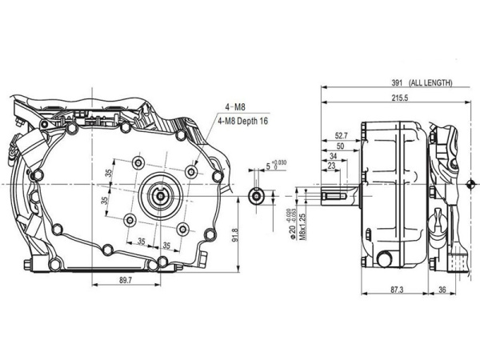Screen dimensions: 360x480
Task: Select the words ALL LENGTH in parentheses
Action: click(x=430, y=82)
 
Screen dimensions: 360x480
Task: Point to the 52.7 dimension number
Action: click(x=342, y=135)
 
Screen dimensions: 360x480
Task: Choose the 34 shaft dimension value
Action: click(x=333, y=157)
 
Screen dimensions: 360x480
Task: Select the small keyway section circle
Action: click(x=256, y=195)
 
